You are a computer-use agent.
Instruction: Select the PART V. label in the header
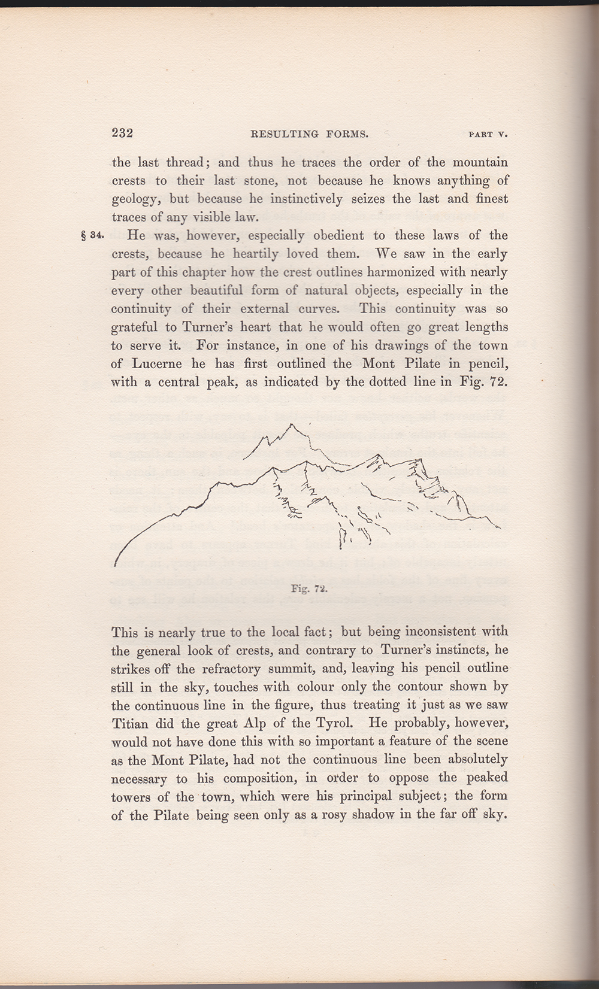488,135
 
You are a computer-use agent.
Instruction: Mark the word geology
136,199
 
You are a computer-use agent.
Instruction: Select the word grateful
135,327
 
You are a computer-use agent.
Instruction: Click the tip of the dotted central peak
292,424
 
